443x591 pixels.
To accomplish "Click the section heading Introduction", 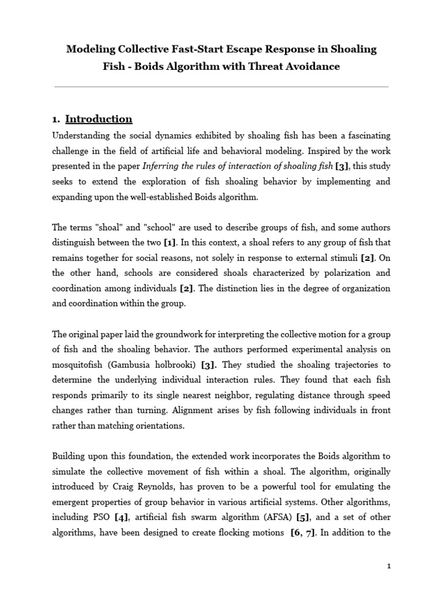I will pos(99,119).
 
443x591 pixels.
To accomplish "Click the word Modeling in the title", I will pos(92,49).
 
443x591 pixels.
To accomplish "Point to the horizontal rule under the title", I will pos(221,87).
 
